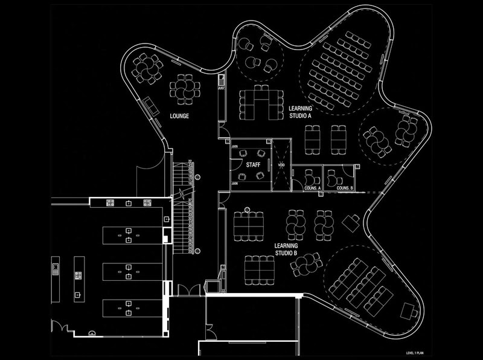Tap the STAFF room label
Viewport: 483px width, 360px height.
point(253,163)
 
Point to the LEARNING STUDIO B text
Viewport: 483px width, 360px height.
point(285,249)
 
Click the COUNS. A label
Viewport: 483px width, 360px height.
point(311,188)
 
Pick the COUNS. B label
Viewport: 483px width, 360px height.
point(344,188)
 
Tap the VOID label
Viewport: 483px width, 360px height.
point(281,164)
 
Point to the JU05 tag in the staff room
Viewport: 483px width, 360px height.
point(234,146)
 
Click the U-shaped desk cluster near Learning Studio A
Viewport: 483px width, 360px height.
point(261,101)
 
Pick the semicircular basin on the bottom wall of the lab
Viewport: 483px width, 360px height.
point(92,332)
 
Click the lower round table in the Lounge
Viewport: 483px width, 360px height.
point(183,89)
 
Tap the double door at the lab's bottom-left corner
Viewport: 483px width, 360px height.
point(60,326)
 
